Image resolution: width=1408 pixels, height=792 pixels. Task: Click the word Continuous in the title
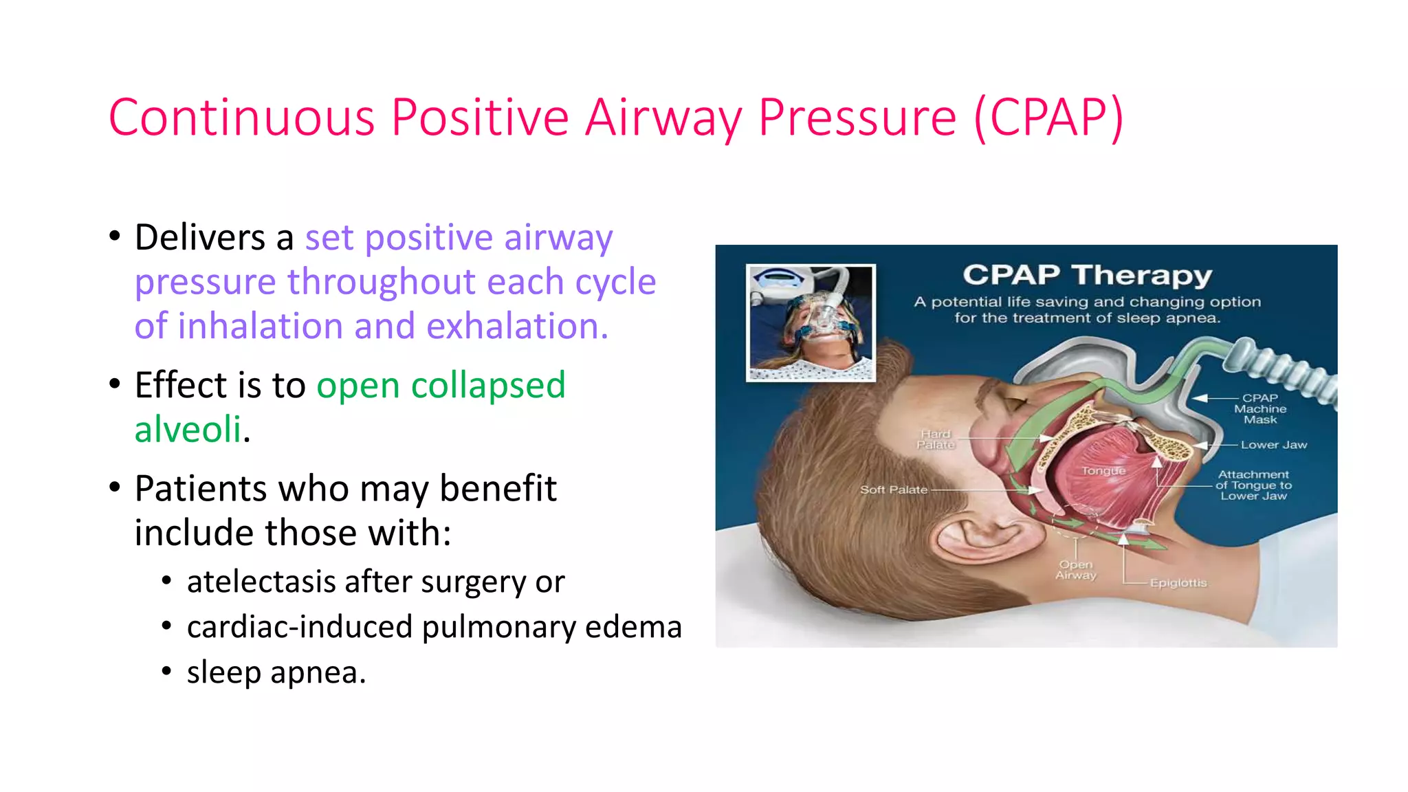coord(241,118)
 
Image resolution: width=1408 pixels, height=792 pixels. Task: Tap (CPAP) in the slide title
coord(1049,118)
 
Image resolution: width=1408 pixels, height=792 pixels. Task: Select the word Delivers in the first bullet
coord(200,238)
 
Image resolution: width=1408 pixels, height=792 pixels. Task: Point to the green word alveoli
coord(188,430)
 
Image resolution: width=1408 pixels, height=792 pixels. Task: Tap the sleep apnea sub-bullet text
coord(276,672)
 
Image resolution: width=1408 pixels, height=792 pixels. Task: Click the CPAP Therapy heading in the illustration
coord(1087,275)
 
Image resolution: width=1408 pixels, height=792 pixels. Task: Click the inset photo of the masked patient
coord(811,322)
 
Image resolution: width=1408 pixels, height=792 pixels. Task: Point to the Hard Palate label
coord(935,439)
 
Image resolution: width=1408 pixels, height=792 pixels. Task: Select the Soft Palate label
coord(893,489)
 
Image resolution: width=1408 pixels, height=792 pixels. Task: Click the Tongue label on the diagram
coord(1103,471)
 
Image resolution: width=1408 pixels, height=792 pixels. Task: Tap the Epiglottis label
coord(1178,583)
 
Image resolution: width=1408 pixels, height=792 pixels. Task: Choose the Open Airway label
coord(1076,569)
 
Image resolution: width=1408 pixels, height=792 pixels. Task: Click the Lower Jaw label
coord(1273,445)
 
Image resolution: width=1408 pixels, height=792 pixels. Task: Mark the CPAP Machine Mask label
coord(1259,408)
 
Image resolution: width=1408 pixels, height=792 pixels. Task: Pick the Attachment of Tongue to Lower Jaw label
coord(1253,485)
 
